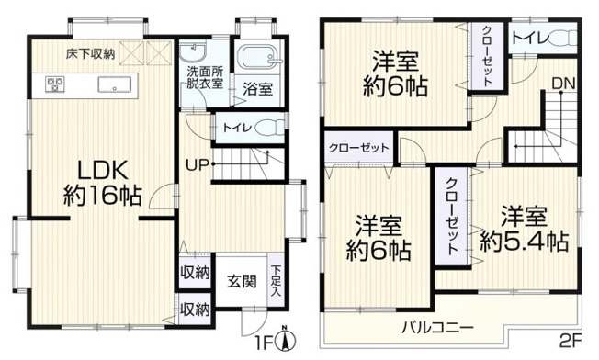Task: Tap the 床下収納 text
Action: coord(90,54)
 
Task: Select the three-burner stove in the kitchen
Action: coord(51,86)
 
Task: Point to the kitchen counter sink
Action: coord(118,87)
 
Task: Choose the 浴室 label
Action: coord(258,89)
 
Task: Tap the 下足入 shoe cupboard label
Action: coord(277,279)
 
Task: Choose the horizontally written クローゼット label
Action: coord(358,148)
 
